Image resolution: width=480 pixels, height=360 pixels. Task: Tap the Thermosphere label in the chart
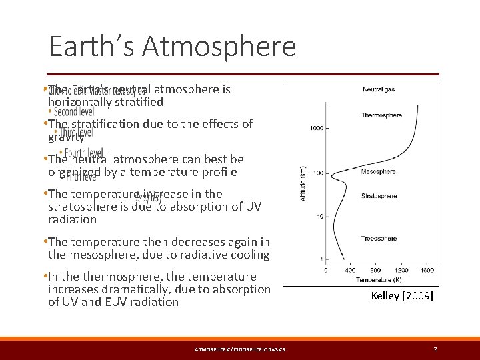pos(381,115)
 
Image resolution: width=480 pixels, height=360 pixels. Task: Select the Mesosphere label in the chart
pos(379,172)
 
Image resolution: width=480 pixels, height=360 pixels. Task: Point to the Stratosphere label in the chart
pos(379,196)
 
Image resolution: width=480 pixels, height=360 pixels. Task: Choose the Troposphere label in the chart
pos(379,239)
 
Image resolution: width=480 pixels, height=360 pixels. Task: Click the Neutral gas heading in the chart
pos(379,89)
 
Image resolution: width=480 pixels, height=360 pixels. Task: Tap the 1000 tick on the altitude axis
pos(316,127)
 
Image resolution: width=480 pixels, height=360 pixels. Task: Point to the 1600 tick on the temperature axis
pos(427,271)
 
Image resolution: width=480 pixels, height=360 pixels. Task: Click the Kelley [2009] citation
pos(402,296)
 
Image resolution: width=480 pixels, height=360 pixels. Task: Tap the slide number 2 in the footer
pos(435,349)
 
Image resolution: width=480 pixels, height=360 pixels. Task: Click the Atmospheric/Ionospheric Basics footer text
pos(239,349)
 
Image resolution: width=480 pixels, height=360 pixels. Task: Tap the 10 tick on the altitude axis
pos(320,217)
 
